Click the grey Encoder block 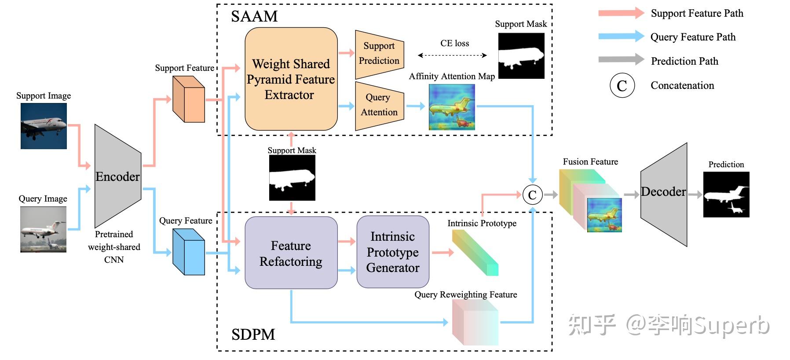click(x=118, y=176)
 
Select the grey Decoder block click(x=663, y=194)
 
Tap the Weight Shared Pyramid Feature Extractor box click(x=291, y=79)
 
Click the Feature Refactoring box click(x=291, y=253)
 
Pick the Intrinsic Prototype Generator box click(x=393, y=252)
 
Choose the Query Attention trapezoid click(x=380, y=106)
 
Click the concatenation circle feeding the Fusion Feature click(x=532, y=195)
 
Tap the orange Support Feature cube click(x=189, y=99)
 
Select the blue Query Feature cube click(x=189, y=252)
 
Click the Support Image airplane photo click(x=44, y=126)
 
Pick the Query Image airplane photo click(x=43, y=229)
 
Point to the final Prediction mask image click(x=726, y=195)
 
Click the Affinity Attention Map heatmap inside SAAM click(x=452, y=107)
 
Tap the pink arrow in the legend click(x=621, y=13)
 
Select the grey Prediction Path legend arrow click(x=621, y=59)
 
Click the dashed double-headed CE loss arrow click(x=452, y=55)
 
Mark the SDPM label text click(x=253, y=334)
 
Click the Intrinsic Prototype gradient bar click(x=475, y=253)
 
